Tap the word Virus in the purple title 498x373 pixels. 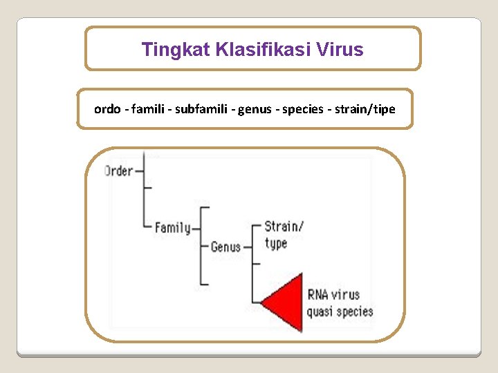342,50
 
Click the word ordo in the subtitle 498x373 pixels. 107,109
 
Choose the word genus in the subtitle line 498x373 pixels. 255,109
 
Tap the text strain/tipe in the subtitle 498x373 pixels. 365,109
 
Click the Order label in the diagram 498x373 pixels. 118,171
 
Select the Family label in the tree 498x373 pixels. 172,227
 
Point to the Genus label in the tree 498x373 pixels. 225,247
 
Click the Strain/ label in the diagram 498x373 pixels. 284,227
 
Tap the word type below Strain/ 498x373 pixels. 275,243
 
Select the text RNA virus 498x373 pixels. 333,294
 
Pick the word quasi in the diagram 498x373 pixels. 320,311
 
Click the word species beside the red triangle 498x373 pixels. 356,311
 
